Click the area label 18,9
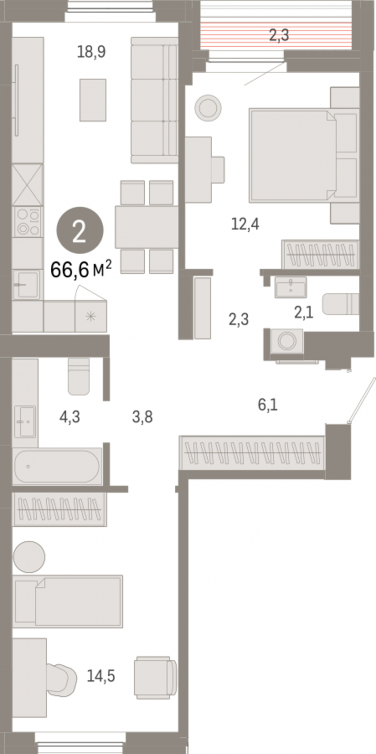[x=91, y=52]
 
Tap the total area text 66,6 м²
[x=81, y=269]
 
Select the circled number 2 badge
[x=80, y=230]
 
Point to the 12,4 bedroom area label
[x=245, y=224]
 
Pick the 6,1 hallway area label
[x=268, y=404]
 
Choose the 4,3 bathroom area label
[x=69, y=417]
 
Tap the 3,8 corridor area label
[x=143, y=417]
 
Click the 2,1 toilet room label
[x=303, y=313]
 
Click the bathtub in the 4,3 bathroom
[x=58, y=467]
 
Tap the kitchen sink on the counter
[x=26, y=285]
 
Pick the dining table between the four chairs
[x=146, y=227]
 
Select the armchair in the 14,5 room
[x=155, y=677]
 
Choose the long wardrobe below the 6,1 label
[x=252, y=453]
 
